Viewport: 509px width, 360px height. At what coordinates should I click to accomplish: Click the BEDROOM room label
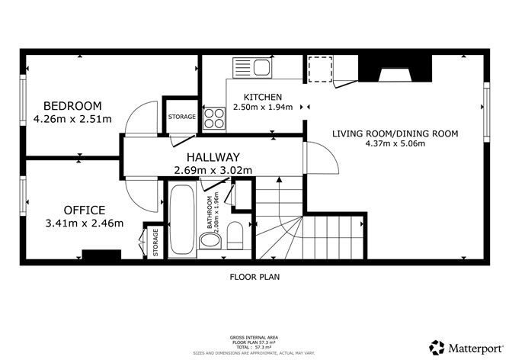(72, 106)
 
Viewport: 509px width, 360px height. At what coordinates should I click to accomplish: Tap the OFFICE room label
(85, 210)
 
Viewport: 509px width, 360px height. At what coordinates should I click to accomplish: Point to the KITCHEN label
(263, 98)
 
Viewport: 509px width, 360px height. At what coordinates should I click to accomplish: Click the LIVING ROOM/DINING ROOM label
(395, 133)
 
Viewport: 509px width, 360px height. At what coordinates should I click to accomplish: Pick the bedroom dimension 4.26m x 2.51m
(72, 119)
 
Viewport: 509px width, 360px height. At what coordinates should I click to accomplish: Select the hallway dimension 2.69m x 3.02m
(213, 170)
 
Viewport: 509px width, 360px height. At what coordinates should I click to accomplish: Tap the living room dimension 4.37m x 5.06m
(395, 143)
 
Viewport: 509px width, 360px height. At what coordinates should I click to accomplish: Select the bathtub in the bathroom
(183, 217)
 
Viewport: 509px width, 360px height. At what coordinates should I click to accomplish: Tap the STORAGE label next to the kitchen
(182, 117)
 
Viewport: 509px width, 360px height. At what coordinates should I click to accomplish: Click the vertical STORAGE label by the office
(155, 242)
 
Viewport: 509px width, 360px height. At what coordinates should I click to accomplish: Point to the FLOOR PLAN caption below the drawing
(254, 278)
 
